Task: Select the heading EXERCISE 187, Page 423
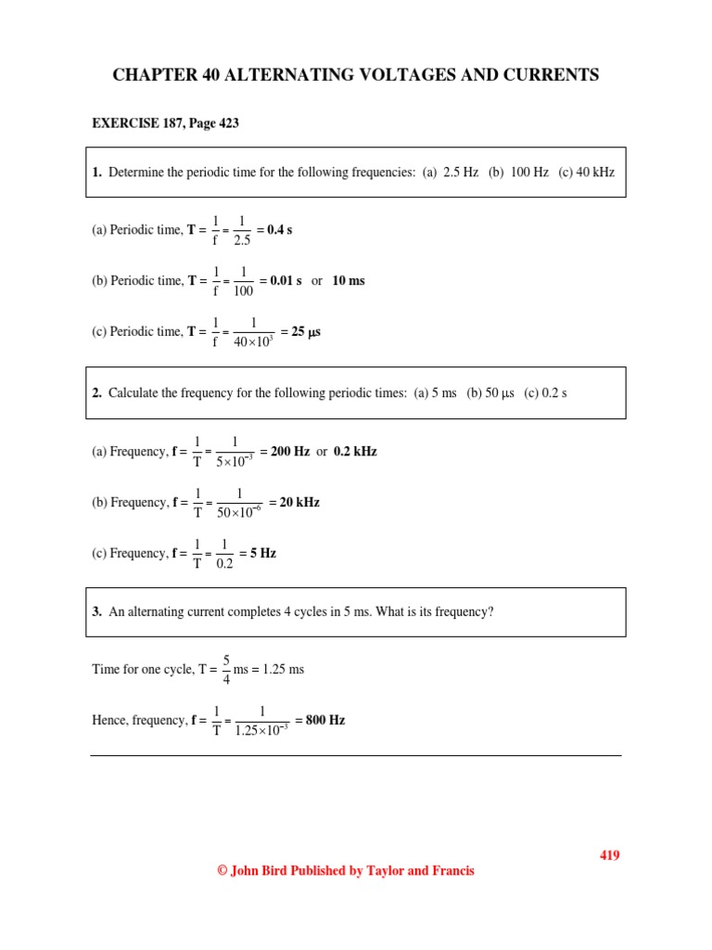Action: pos(166,123)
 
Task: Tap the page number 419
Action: pos(608,855)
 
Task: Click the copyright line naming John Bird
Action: pos(345,871)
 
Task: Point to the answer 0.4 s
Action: pos(279,230)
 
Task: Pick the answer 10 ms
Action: pos(349,281)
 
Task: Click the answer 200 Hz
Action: pos(290,452)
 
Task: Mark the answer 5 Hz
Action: pos(263,553)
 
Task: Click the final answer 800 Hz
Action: pos(325,720)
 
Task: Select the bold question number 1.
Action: pos(97,173)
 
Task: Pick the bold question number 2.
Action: pos(97,393)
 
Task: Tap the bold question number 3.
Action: pos(97,612)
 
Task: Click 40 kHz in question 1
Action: pos(595,173)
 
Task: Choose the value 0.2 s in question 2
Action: pos(554,393)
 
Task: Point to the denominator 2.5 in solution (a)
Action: pos(242,240)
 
